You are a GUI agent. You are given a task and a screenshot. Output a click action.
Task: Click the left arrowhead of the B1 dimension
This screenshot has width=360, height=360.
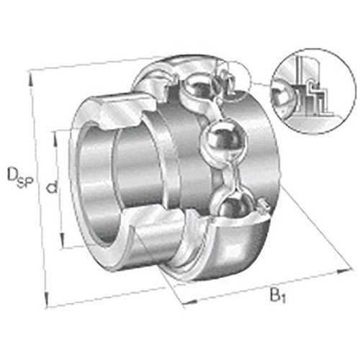(x=179, y=303)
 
